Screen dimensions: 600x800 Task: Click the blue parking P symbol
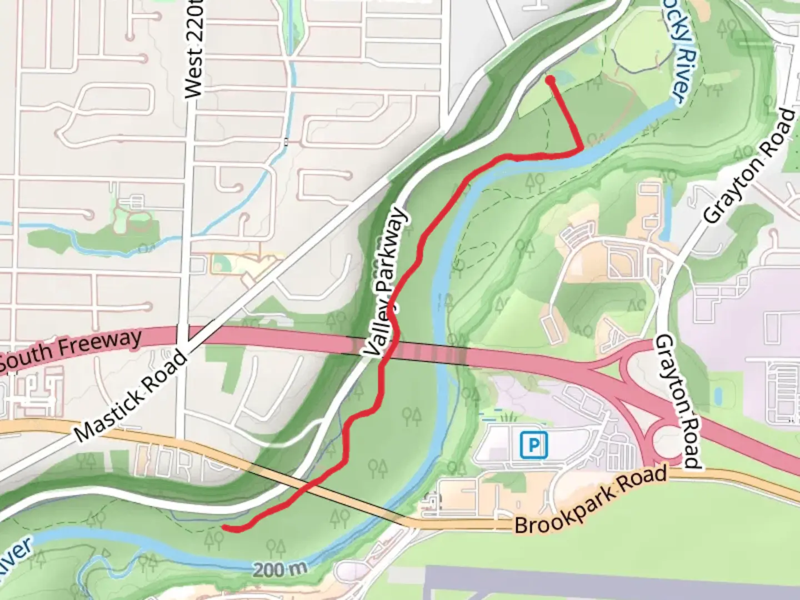[x=533, y=445]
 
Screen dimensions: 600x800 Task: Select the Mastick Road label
[x=132, y=396]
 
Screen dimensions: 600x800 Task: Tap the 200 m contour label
[x=281, y=569]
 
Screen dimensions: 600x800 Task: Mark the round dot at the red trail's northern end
[x=551, y=81]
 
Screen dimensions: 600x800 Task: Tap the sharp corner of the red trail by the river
[x=581, y=148]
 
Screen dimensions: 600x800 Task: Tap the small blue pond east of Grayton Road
[x=718, y=396]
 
